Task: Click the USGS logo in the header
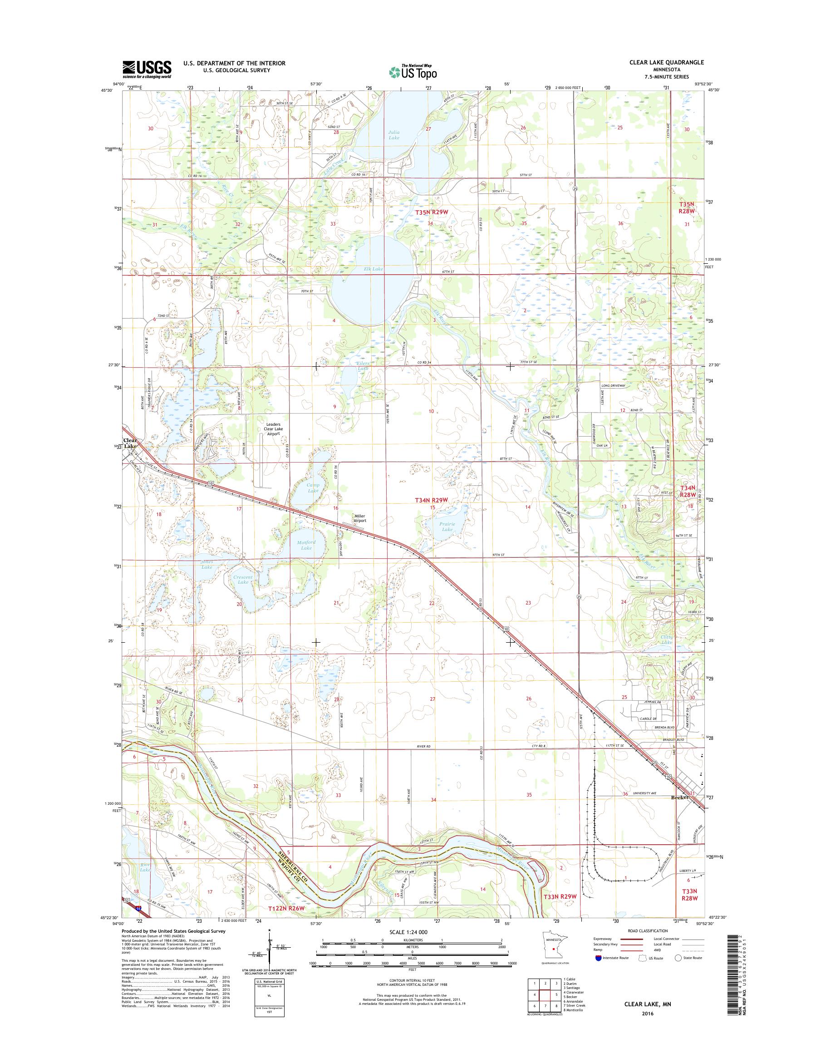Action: pos(147,69)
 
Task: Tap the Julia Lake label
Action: pos(394,135)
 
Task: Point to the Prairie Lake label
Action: pos(447,526)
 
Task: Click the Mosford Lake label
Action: pos(307,545)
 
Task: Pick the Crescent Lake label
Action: pos(243,580)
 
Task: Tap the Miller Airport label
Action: pos(360,518)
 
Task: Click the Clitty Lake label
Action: pos(666,640)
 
